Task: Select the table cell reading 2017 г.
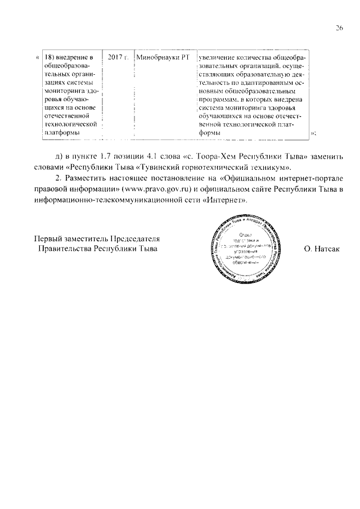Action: click(x=118, y=57)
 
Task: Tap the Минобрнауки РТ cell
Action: click(x=162, y=57)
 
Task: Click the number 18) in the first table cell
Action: click(x=51, y=57)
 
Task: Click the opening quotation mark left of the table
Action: click(x=37, y=57)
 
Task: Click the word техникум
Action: click(x=266, y=167)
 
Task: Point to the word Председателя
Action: click(x=135, y=237)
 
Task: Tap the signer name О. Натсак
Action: click(x=322, y=248)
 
